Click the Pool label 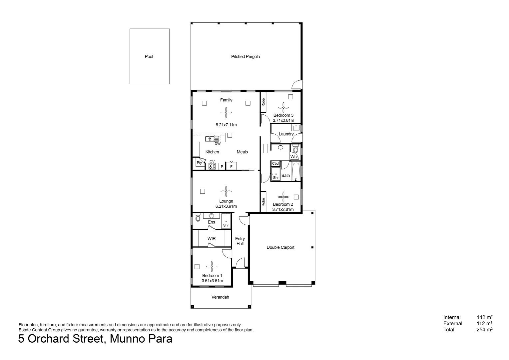pos(149,57)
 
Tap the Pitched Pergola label pos(246,57)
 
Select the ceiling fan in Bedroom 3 pos(283,108)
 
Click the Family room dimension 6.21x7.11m pos(226,125)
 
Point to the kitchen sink pos(212,139)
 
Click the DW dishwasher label pos(218,144)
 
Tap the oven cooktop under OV pos(212,166)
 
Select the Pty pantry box pos(199,163)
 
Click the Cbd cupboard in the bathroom pos(275,163)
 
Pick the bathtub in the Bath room pos(296,171)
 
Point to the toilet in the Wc pos(295,148)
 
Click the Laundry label pos(286,134)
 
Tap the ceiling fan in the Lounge pos(226,191)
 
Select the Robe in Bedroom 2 pos(263,202)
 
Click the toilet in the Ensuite pos(198,218)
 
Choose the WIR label pos(212,239)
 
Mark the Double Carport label pos(280,247)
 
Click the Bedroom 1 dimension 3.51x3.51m pos(212,281)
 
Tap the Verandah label pos(221,297)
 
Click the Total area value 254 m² pos(484,330)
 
